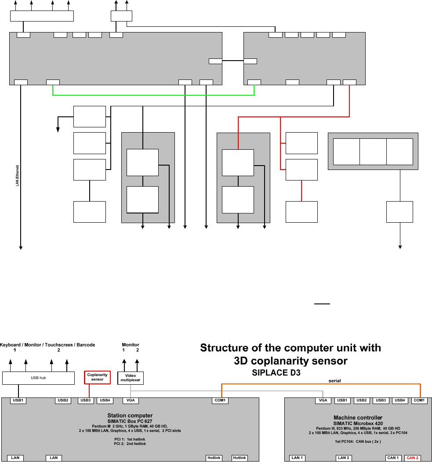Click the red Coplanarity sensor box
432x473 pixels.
click(x=98, y=377)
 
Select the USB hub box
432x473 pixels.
click(x=38, y=378)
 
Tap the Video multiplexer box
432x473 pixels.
click(x=131, y=378)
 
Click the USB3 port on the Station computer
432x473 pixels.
click(x=86, y=401)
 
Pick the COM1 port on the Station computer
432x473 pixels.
click(x=220, y=401)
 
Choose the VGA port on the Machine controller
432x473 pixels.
click(x=323, y=401)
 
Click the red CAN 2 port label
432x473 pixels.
click(x=412, y=458)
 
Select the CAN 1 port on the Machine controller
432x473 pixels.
click(x=393, y=458)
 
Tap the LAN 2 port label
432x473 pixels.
click(x=344, y=458)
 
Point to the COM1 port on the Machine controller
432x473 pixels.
click(x=419, y=401)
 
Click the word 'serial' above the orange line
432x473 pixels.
click(x=335, y=381)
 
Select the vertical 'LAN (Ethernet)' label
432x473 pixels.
click(x=18, y=175)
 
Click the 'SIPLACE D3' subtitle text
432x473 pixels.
click(x=276, y=373)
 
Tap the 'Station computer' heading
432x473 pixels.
click(x=130, y=415)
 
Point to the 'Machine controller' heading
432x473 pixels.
click(x=358, y=418)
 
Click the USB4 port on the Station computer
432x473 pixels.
click(x=105, y=401)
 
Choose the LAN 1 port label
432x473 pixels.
click(x=297, y=458)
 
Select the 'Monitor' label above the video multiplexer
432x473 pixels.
click(x=131, y=345)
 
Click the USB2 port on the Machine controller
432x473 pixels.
click(x=362, y=401)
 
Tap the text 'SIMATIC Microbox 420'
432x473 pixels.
click(x=358, y=423)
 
